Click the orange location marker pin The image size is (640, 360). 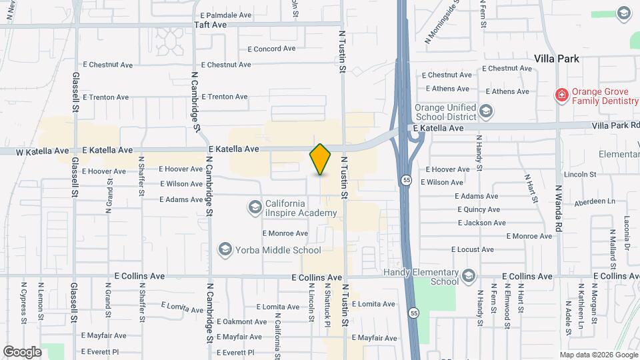coord(320,159)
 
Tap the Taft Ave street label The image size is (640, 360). coord(210,25)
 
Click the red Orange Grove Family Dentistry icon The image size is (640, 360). coord(562,96)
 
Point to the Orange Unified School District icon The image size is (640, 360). coord(486,111)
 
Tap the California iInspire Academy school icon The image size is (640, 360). coord(254,208)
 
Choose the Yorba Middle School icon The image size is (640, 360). coord(225,250)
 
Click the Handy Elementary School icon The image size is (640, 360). coord(469,276)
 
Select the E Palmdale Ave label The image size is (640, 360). coord(225,15)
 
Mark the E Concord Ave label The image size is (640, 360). coord(271,49)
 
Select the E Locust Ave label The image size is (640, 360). coord(472,249)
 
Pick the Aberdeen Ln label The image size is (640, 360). coord(595,201)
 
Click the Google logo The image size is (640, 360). coord(21,351)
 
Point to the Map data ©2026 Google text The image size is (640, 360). coord(598,355)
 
